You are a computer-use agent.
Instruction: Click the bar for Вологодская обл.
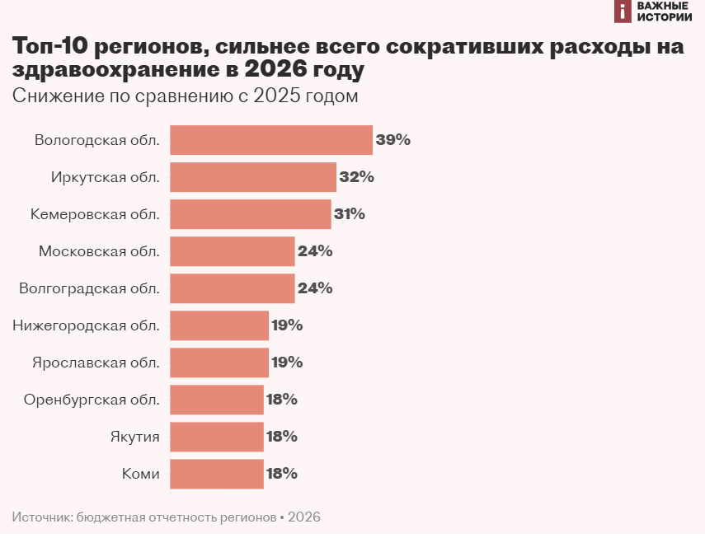[271, 140]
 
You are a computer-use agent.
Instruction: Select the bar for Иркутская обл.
[253, 177]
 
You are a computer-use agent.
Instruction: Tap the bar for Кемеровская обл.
[251, 214]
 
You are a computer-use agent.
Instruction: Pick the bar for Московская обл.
[233, 251]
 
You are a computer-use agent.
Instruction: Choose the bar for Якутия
[217, 437]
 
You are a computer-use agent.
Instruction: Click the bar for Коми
[217, 474]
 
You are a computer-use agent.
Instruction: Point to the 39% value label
[392, 140]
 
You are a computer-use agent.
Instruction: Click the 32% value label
[356, 177]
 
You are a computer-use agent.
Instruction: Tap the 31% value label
[350, 214]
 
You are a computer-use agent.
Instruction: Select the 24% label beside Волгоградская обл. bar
[315, 288]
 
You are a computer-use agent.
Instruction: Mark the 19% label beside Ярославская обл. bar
[287, 363]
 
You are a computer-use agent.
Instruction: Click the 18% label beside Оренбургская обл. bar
[281, 400]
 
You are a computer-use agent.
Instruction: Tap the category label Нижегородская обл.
[87, 325]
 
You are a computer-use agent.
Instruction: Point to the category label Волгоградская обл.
[89, 288]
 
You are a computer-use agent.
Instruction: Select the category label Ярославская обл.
[96, 363]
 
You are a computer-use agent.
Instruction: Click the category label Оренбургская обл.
[92, 400]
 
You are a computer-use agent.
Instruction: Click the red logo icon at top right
[623, 11]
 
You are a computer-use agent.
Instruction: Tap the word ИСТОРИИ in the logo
[665, 16]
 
